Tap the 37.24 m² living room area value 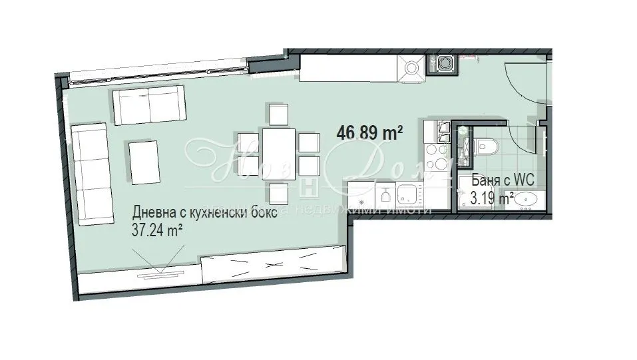(x=158, y=230)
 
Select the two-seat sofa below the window (x=148, y=106)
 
